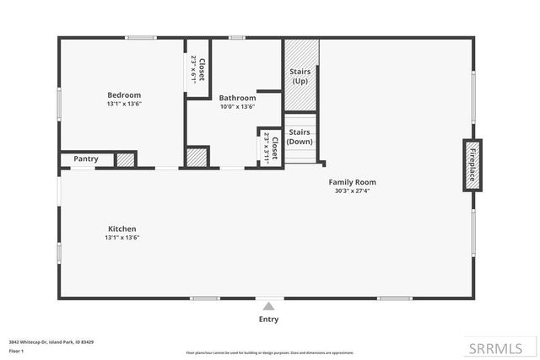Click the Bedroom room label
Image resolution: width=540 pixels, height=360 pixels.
click(x=123, y=94)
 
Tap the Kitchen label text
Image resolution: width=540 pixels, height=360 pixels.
click(x=121, y=228)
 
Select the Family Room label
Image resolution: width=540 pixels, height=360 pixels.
click(x=353, y=182)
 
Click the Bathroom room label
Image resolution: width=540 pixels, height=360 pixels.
click(x=237, y=98)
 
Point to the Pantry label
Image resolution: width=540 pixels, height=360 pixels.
click(x=86, y=159)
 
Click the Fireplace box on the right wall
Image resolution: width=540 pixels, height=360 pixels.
click(x=472, y=164)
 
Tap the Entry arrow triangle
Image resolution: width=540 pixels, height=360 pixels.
click(x=268, y=306)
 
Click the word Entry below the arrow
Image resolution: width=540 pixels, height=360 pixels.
click(x=268, y=320)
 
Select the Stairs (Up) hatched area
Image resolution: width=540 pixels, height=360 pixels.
click(x=300, y=76)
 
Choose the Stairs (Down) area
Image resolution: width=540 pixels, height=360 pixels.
click(x=300, y=137)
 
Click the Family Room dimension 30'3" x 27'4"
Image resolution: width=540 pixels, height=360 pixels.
click(x=353, y=191)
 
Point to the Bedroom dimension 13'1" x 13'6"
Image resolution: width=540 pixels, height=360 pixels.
click(x=123, y=105)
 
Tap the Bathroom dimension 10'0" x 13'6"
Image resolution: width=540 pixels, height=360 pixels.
click(x=237, y=107)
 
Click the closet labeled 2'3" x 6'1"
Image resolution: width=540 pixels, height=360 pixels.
click(x=197, y=69)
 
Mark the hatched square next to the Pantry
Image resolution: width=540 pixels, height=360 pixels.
click(x=126, y=159)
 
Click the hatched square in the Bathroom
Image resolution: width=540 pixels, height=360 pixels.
click(x=197, y=158)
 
